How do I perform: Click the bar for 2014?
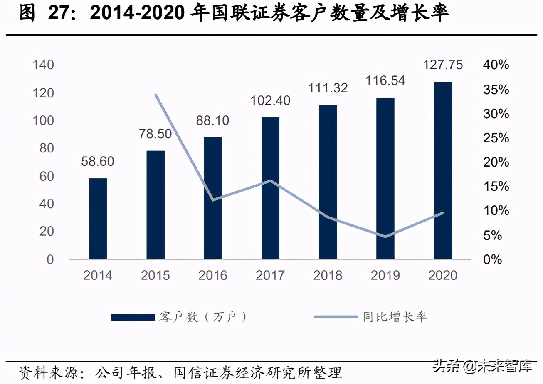pos(98,219)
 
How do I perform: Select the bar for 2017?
pos(270,188)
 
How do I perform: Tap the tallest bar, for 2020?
pos(443,171)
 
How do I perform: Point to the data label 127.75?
pos(443,65)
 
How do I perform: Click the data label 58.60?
pos(97,161)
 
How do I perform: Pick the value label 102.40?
pos(270,100)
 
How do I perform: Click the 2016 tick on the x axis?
pos(212,275)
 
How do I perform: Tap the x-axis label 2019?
pos(385,275)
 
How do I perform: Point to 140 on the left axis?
pos(44,65)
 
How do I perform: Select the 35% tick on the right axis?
pos(496,90)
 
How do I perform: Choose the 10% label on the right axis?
pos(496,211)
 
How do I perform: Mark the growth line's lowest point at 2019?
pos(385,237)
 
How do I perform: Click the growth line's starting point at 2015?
pos(156,95)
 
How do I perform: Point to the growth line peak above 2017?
pos(270,181)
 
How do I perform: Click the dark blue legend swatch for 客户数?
pos(133,317)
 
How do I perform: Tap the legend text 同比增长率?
pos(395,317)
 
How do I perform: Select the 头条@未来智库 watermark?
pos(482,367)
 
